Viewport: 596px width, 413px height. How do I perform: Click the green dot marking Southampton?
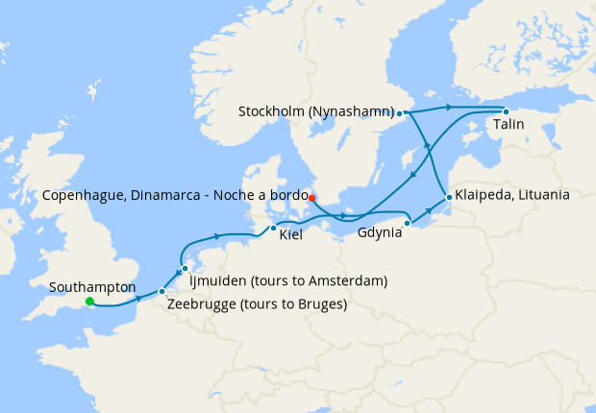tap(89, 302)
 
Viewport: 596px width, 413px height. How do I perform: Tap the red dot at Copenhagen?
tap(311, 184)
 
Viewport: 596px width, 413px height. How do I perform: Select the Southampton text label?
tap(91, 286)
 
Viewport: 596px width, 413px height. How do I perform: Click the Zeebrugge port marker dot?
tap(161, 291)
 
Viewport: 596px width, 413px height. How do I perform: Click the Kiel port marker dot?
tap(274, 228)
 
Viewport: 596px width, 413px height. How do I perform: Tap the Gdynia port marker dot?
tap(408, 223)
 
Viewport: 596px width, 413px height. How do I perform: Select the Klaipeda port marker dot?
tap(448, 199)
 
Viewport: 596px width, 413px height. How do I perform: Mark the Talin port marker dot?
tap(506, 111)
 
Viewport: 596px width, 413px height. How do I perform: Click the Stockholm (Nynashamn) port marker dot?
tap(399, 113)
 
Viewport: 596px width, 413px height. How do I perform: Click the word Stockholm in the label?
tap(272, 112)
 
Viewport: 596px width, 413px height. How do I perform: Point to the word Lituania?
tap(541, 194)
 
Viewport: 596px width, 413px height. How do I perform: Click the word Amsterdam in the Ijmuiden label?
tap(347, 280)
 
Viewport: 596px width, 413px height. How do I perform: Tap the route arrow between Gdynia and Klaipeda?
tap(428, 211)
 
